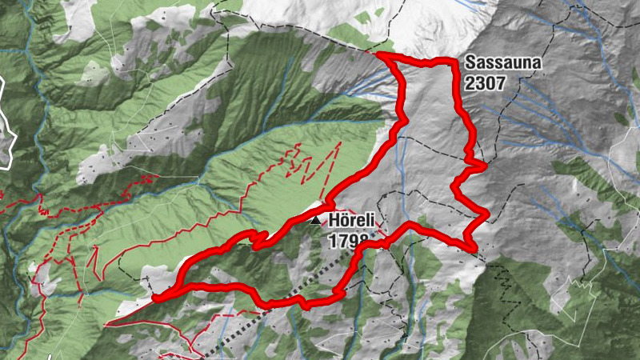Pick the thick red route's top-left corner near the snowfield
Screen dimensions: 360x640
379,54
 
